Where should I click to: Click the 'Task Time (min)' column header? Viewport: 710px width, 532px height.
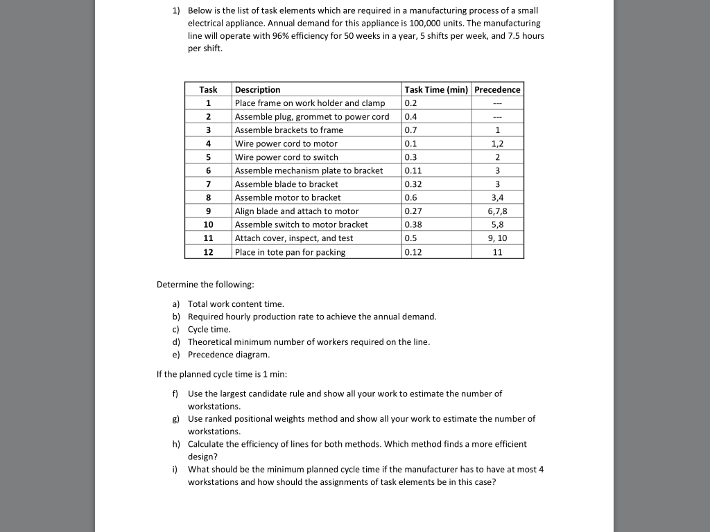(436, 89)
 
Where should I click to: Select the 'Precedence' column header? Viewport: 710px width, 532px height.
(497, 89)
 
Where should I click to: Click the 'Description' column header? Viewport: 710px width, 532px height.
(258, 89)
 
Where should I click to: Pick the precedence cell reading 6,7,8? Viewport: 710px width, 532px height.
(497, 211)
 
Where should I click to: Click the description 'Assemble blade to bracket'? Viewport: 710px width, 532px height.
(286, 184)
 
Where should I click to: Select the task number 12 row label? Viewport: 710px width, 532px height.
(208, 252)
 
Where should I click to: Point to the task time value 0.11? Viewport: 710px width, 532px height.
(413, 170)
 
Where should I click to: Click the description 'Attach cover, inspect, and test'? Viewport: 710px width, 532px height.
(294, 238)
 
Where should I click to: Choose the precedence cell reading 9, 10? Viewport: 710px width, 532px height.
(497, 238)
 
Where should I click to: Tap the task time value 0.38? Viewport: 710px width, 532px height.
(413, 224)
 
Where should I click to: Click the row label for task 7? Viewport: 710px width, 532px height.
(208, 184)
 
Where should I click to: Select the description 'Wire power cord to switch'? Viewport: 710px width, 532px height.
(286, 157)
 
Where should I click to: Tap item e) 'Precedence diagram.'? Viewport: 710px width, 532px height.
(229, 355)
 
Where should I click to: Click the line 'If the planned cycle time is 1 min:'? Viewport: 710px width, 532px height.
(222, 374)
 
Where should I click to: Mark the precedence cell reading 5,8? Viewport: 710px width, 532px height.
(497, 224)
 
